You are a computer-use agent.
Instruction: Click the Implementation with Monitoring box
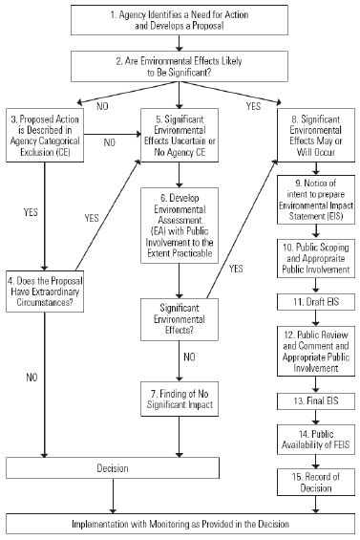tap(180, 524)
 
